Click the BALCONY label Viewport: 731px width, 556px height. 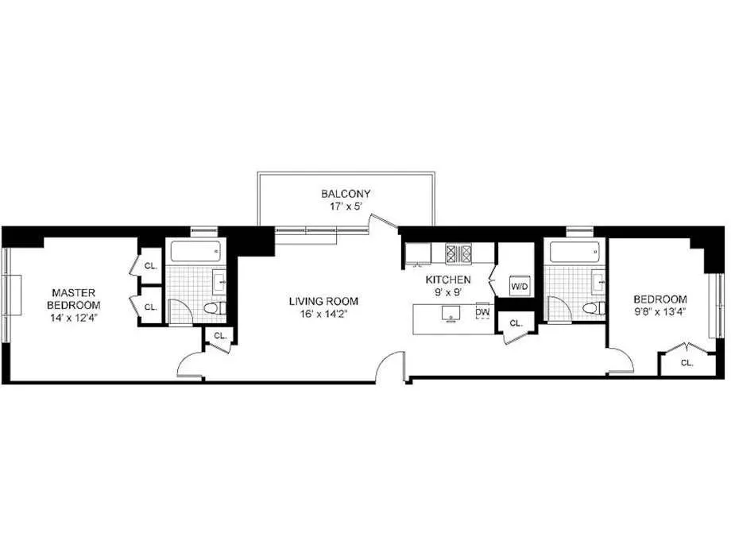point(346,193)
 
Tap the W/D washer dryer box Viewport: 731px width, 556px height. point(519,286)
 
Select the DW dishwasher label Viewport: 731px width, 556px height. point(482,312)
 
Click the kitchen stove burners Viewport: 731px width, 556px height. point(458,253)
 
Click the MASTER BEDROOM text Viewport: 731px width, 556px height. point(73,299)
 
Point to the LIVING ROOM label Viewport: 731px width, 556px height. point(323,301)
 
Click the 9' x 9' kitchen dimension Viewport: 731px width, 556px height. point(449,292)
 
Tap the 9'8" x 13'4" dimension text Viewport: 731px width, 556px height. point(661,311)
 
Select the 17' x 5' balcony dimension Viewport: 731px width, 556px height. point(346,206)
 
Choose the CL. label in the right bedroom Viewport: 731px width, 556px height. point(687,362)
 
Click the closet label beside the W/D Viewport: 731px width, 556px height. point(516,323)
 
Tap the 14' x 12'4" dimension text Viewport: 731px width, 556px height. point(73,318)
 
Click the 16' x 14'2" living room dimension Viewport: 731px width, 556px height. point(323,314)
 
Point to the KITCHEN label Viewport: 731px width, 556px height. point(449,280)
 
